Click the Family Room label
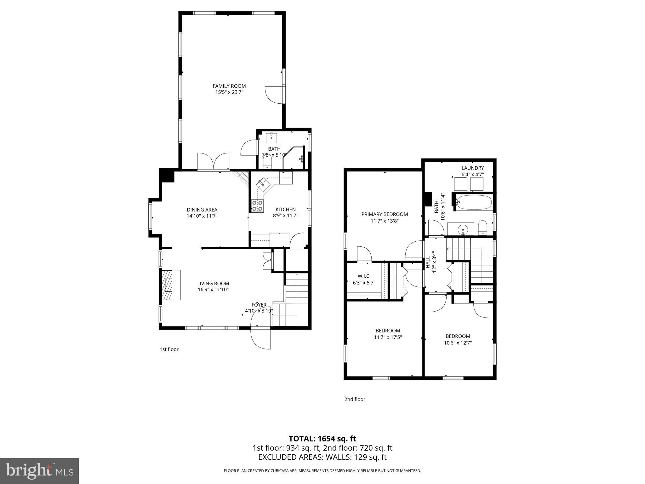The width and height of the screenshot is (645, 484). tap(229, 86)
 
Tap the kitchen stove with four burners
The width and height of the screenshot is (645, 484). tap(257, 206)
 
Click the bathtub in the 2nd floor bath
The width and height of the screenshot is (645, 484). tap(474, 203)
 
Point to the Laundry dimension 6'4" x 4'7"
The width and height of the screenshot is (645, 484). tap(472, 174)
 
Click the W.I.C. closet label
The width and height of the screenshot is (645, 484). tap(364, 276)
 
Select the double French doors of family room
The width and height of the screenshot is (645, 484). tap(214, 161)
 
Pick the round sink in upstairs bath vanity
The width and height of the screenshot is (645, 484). tap(463, 229)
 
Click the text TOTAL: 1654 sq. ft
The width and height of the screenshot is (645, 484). tap(322, 439)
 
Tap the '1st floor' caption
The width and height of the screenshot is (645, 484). tap(169, 349)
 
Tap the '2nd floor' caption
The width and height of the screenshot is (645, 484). tap(355, 399)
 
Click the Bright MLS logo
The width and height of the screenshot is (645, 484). tap(39, 471)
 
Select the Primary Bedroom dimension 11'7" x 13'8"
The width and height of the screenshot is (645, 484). tap(385, 221)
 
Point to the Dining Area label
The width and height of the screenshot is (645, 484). tap(202, 210)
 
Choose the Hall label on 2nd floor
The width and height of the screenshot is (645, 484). tap(428, 262)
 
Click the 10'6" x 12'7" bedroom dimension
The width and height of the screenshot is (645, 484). tap(458, 343)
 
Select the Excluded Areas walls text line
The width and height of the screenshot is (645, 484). tap(322, 457)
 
